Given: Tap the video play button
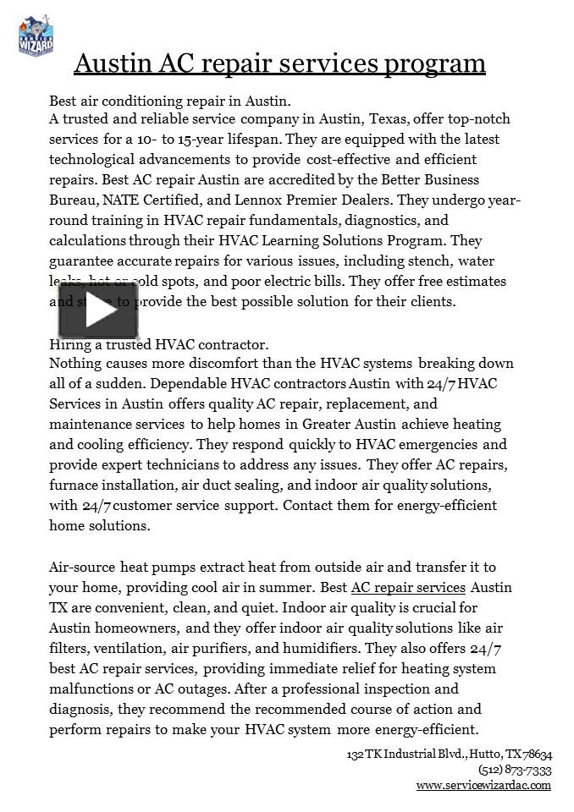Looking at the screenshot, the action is pos(97,310).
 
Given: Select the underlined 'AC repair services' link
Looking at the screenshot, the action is pos(408,587).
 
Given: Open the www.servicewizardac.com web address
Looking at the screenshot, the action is pos(483,785).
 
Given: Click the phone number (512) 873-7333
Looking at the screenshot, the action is pos(515,770).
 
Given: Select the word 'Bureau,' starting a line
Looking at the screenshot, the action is pos(74,200).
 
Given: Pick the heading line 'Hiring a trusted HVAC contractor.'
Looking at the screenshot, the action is pos(159,343).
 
